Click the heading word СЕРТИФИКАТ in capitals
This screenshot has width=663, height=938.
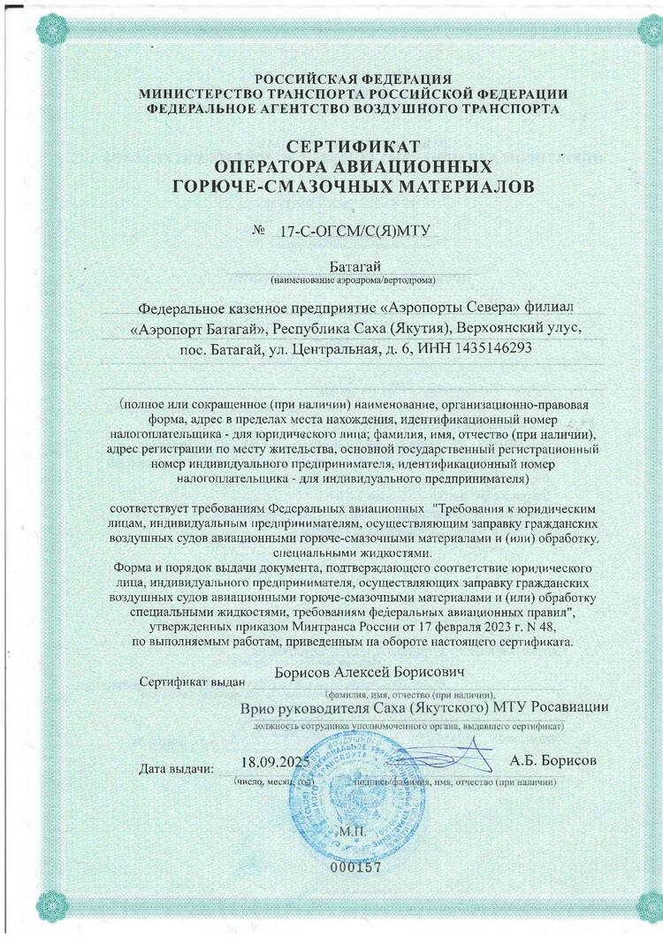pyautogui.click(x=353, y=146)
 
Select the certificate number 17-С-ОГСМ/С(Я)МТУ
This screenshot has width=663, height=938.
pyautogui.click(x=354, y=232)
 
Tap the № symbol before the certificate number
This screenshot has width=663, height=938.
pyautogui.click(x=260, y=231)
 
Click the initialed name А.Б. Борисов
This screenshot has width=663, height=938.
pyautogui.click(x=553, y=760)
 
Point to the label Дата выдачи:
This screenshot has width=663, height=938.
pyautogui.click(x=177, y=767)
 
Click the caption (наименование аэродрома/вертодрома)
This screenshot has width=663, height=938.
pyautogui.click(x=353, y=280)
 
